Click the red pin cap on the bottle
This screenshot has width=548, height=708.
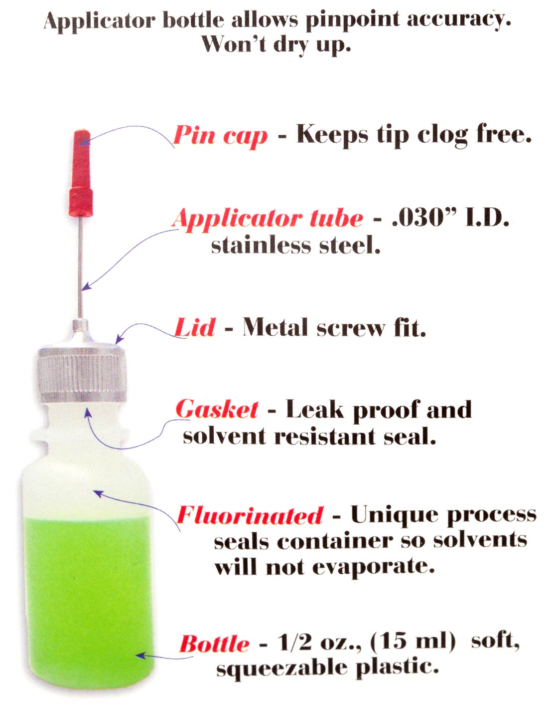point(81,173)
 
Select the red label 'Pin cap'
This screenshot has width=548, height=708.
point(220,135)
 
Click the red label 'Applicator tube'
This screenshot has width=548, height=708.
point(268,219)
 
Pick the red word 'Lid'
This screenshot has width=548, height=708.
point(194,327)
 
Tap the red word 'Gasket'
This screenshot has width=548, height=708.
point(217,409)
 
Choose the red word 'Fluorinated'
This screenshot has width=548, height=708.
point(250,515)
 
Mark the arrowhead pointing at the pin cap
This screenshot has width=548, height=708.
point(85,141)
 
